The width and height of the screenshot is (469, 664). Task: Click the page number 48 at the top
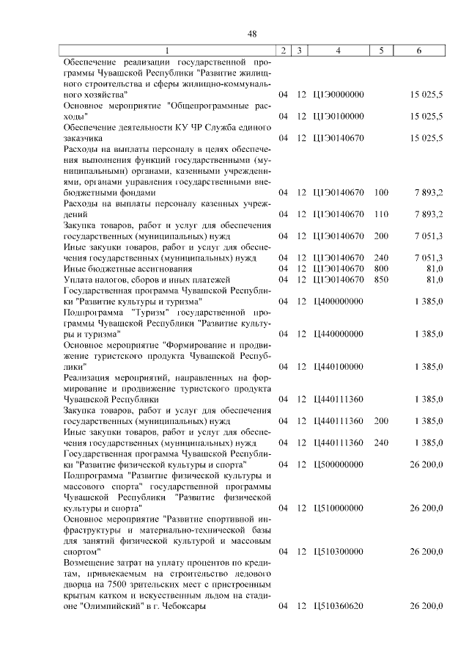(x=251, y=34)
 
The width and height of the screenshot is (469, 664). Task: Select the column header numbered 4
(x=338, y=51)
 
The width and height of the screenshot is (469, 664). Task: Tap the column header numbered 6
(x=418, y=51)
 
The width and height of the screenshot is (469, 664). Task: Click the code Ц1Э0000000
(x=338, y=95)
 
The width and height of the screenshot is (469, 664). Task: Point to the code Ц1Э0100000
(x=338, y=116)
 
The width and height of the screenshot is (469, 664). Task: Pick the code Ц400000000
(x=338, y=302)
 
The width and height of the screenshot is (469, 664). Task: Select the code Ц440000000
(x=338, y=334)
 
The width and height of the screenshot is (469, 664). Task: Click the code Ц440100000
(x=338, y=366)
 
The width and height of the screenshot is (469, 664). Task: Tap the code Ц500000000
(x=338, y=464)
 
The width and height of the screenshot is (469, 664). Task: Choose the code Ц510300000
(x=338, y=551)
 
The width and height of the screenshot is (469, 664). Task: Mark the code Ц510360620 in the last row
(x=338, y=606)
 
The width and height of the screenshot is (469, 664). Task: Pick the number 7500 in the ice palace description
(x=131, y=584)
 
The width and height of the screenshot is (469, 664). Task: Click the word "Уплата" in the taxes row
(x=78, y=280)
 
